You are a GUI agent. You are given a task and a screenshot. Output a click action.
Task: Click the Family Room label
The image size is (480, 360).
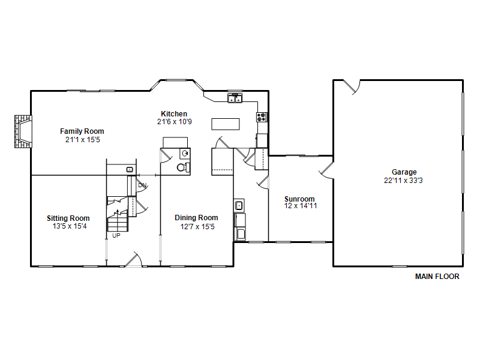tap(82, 131)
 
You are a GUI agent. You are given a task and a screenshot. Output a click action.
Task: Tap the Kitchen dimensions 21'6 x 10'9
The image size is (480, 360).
tap(175, 122)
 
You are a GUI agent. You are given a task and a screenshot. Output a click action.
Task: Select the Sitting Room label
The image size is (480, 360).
tap(68, 218)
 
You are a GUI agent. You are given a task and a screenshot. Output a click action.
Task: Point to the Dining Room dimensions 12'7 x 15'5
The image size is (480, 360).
tap(197, 227)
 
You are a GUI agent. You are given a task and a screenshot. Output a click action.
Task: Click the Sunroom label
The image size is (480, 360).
tap(299, 199)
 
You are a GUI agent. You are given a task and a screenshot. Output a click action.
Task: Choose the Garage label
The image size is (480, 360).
tap(404, 172)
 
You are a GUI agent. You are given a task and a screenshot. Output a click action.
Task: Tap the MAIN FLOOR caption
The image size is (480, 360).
tap(437, 277)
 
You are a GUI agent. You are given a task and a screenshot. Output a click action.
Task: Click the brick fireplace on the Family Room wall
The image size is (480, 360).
tap(23, 131)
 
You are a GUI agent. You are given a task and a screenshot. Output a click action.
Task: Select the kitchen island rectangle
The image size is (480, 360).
tap(226, 124)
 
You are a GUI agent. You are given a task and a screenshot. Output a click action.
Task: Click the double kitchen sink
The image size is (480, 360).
tap(235, 98)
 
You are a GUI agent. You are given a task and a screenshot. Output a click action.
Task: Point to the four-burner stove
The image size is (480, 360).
tap(262, 117)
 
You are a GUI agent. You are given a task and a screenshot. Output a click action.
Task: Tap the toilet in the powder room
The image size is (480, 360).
tap(183, 167)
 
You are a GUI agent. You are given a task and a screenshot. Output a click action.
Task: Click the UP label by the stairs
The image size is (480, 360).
tap(116, 236)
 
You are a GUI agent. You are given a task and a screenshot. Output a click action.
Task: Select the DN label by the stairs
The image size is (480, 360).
tap(142, 185)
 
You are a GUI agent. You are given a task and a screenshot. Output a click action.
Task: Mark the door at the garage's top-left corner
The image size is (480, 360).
tap(352, 87)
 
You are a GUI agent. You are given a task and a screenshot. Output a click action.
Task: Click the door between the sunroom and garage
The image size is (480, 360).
tap(326, 170)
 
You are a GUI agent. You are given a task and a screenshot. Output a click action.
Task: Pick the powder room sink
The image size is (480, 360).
tap(185, 153)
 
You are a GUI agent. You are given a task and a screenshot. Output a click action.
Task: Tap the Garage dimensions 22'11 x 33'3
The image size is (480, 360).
tap(403, 181)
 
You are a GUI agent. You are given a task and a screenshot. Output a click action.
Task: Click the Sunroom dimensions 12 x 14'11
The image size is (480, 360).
tap(301, 206)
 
